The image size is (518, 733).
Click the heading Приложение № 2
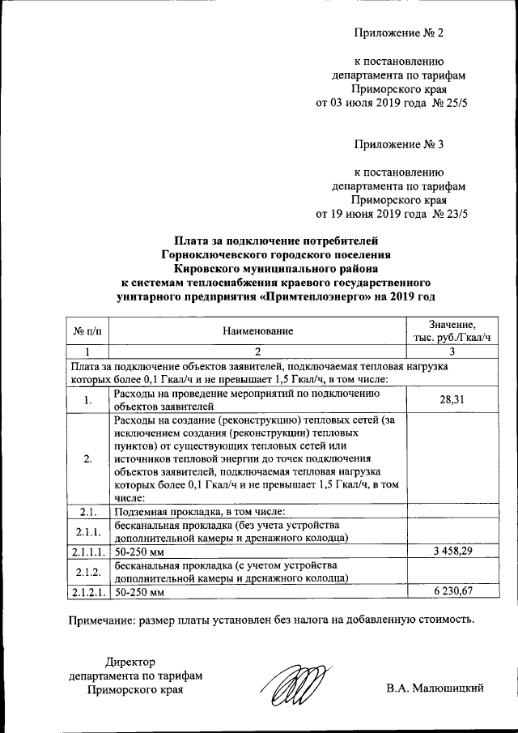pyautogui.click(x=400, y=33)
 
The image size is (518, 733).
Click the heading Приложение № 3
pyautogui.click(x=400, y=145)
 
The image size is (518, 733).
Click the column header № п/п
pyautogui.click(x=87, y=330)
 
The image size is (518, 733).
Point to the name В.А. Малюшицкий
pyautogui.click(x=435, y=688)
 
